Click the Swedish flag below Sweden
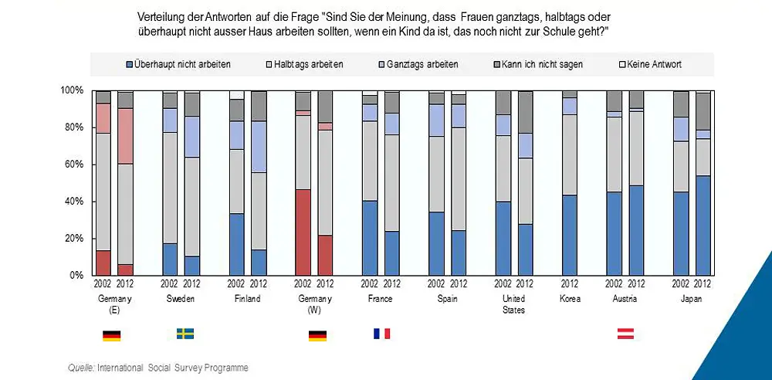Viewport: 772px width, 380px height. pyautogui.click(x=185, y=334)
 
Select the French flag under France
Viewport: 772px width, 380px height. pyautogui.click(x=381, y=334)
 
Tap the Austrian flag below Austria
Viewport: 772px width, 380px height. pyautogui.click(x=625, y=334)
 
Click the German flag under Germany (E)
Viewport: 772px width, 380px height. pyautogui.click(x=111, y=335)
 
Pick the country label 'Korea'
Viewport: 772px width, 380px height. pyautogui.click(x=569, y=299)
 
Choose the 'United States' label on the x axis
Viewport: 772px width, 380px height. pyautogui.click(x=513, y=304)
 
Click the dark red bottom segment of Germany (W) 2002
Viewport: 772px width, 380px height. pyautogui.click(x=303, y=232)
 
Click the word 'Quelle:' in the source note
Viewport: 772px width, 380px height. pyautogui.click(x=80, y=368)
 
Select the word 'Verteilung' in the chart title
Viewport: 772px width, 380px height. pyautogui.click(x=159, y=16)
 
